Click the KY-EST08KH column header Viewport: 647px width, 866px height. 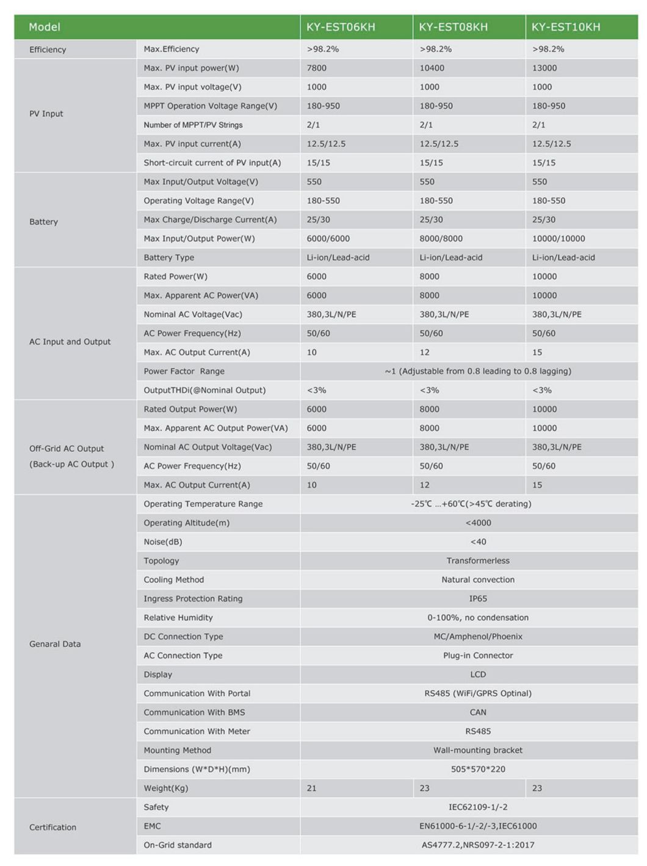pyautogui.click(x=453, y=27)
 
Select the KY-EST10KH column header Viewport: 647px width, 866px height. pyautogui.click(x=566, y=27)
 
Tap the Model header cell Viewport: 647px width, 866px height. pyautogui.click(x=45, y=27)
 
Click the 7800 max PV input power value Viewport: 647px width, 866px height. pyautogui.click(x=317, y=68)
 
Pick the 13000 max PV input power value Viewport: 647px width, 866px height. pyautogui.click(x=544, y=68)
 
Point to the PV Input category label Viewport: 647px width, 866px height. pyautogui.click(x=46, y=114)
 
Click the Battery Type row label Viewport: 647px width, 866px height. pyautogui.click(x=169, y=257)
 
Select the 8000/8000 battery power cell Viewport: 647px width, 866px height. pyautogui.click(x=441, y=238)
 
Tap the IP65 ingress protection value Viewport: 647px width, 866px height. pyautogui.click(x=478, y=599)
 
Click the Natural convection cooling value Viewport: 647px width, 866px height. pyautogui.click(x=478, y=580)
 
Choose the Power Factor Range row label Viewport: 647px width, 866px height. pyautogui.click(x=184, y=371)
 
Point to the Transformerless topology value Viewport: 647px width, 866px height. pyautogui.click(x=478, y=561)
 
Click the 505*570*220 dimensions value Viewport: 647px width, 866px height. pyautogui.click(x=478, y=770)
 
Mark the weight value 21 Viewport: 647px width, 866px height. pyautogui.click(x=312, y=789)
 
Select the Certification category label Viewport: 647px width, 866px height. pyautogui.click(x=53, y=828)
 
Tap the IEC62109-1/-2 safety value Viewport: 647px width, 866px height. pyautogui.click(x=478, y=807)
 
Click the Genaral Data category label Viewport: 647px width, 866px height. pyautogui.click(x=55, y=644)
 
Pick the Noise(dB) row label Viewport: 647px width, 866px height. pyautogui.click(x=163, y=542)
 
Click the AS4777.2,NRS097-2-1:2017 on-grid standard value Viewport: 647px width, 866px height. pyautogui.click(x=478, y=845)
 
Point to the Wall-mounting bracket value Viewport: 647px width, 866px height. pyautogui.click(x=478, y=751)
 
